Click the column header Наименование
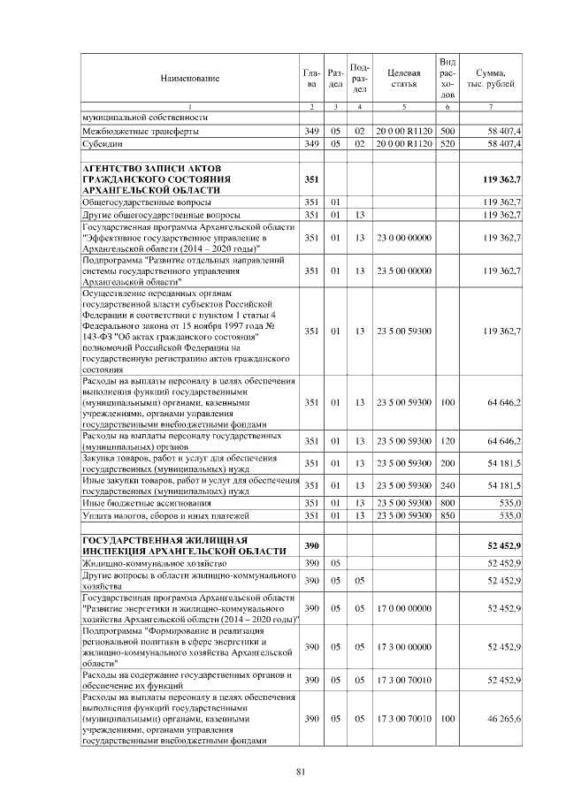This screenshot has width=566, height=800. (x=189, y=79)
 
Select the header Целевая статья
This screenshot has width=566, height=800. (x=403, y=78)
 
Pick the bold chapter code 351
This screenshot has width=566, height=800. (x=310, y=179)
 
